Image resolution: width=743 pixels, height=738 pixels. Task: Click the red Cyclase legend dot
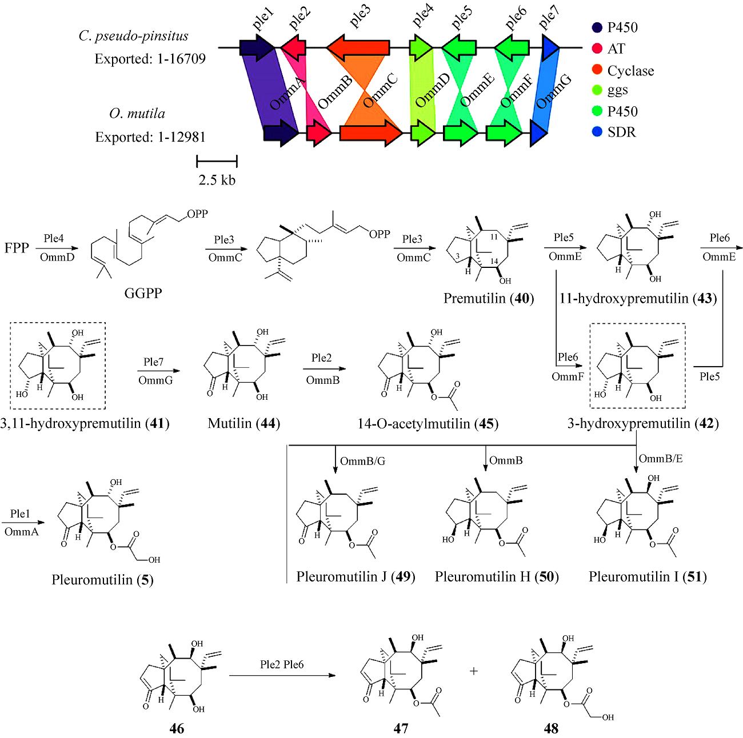coord(597,70)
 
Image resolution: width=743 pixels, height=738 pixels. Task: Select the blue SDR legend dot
coord(597,132)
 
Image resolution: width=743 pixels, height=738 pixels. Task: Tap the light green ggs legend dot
coord(597,90)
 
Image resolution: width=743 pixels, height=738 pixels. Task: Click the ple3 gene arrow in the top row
coord(358,48)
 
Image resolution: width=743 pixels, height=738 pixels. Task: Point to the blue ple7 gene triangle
coord(549,48)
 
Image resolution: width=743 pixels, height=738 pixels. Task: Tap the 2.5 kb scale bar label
coord(217,180)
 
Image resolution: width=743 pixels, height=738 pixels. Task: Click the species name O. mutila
coord(137,114)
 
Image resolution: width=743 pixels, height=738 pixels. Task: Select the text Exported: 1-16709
coord(150,59)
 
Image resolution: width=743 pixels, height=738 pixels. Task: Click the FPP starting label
coord(17,248)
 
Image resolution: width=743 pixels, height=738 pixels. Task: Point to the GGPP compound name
coord(143,293)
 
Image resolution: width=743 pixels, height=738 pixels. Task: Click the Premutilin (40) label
coord(488,298)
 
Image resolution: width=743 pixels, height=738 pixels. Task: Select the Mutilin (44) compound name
coord(243,423)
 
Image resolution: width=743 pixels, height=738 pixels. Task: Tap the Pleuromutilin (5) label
coord(102,580)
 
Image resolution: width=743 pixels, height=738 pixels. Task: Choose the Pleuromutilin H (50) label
coord(496,576)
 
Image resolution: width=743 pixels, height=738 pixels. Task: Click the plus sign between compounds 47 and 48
coord(474,671)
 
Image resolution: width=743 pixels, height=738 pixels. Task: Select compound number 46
coord(177,728)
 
